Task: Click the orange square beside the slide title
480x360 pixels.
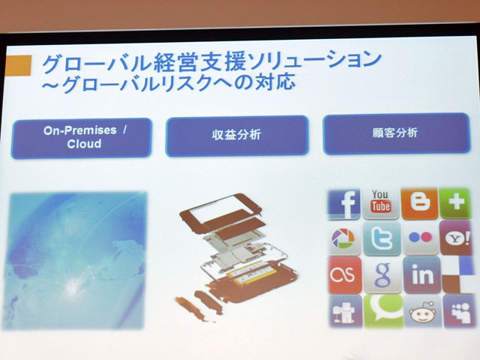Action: pyautogui.click(x=18, y=65)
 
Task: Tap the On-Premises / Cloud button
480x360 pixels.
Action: pyautogui.click(x=82, y=138)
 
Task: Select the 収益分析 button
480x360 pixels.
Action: pyautogui.click(x=237, y=136)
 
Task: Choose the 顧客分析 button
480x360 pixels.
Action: pyautogui.click(x=396, y=133)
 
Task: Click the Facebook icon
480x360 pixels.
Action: pyautogui.click(x=344, y=204)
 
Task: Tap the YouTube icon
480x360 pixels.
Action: pyautogui.click(x=381, y=203)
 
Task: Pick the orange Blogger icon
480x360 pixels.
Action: pyautogui.click(x=419, y=203)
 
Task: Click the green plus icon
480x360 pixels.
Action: pyautogui.click(x=455, y=203)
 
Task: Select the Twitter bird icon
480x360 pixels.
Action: pyautogui.click(x=382, y=238)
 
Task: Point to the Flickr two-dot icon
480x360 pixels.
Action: pyautogui.click(x=421, y=238)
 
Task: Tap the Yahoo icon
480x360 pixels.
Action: pyautogui.click(x=456, y=238)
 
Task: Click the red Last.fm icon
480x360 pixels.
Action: pyautogui.click(x=345, y=275)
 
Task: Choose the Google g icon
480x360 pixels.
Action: pyautogui.click(x=382, y=275)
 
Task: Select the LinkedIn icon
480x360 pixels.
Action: pyautogui.click(x=422, y=275)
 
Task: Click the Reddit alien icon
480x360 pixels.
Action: pyautogui.click(x=423, y=312)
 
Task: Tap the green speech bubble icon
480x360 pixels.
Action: pyautogui.click(x=383, y=310)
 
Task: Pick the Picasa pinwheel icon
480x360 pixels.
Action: pyautogui.click(x=344, y=238)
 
